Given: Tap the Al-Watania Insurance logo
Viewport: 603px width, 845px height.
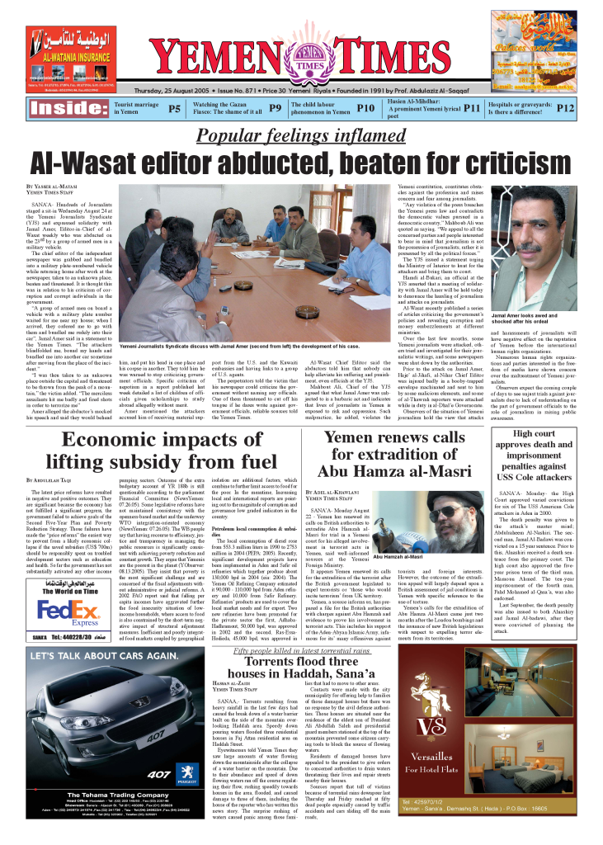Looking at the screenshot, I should point(71,46).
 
